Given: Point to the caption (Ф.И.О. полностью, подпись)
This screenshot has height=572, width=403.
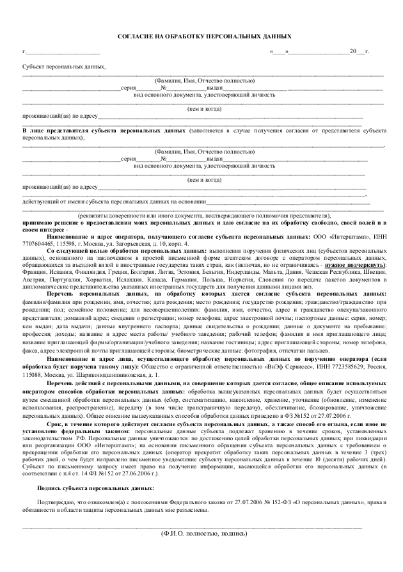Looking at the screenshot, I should click(x=204, y=532).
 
